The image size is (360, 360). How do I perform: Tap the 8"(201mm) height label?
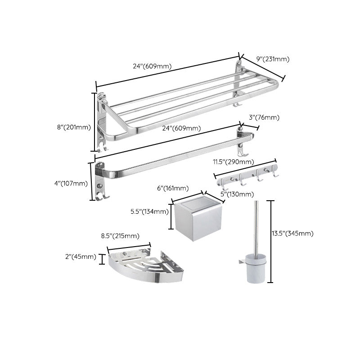[x=74, y=127]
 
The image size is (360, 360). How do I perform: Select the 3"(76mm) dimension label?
[x=264, y=117]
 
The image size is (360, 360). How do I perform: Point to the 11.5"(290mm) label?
[x=233, y=162]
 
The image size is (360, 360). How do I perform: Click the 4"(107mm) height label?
[x=71, y=183]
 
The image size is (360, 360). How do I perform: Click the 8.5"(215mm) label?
[x=119, y=236]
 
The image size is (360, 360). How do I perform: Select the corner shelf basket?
[x=144, y=266]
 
